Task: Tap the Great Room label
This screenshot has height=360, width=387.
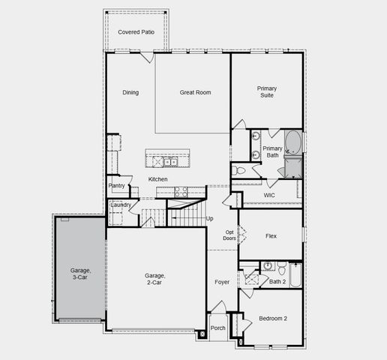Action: [x=195, y=92]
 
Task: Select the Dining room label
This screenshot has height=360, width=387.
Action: [x=130, y=92]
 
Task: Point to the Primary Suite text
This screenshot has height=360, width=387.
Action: [x=267, y=92]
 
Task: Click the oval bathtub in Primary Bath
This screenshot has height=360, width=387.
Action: [x=292, y=142]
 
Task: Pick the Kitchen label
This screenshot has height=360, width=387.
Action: [x=157, y=179]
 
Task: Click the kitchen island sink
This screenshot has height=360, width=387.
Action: [x=166, y=160]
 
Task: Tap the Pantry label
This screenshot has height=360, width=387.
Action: [x=116, y=185]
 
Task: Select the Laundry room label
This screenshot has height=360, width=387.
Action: [x=120, y=205]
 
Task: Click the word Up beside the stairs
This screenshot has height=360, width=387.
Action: [x=210, y=218]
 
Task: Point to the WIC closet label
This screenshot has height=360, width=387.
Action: [x=270, y=196]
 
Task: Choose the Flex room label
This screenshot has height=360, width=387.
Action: [x=271, y=235]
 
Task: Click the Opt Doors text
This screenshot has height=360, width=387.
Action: [x=229, y=235]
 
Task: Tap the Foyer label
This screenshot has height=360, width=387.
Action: [x=223, y=282]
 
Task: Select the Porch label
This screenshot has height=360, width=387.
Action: [x=217, y=328]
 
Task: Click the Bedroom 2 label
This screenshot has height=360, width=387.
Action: [x=273, y=318]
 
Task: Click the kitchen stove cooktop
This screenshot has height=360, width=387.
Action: [x=180, y=191]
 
